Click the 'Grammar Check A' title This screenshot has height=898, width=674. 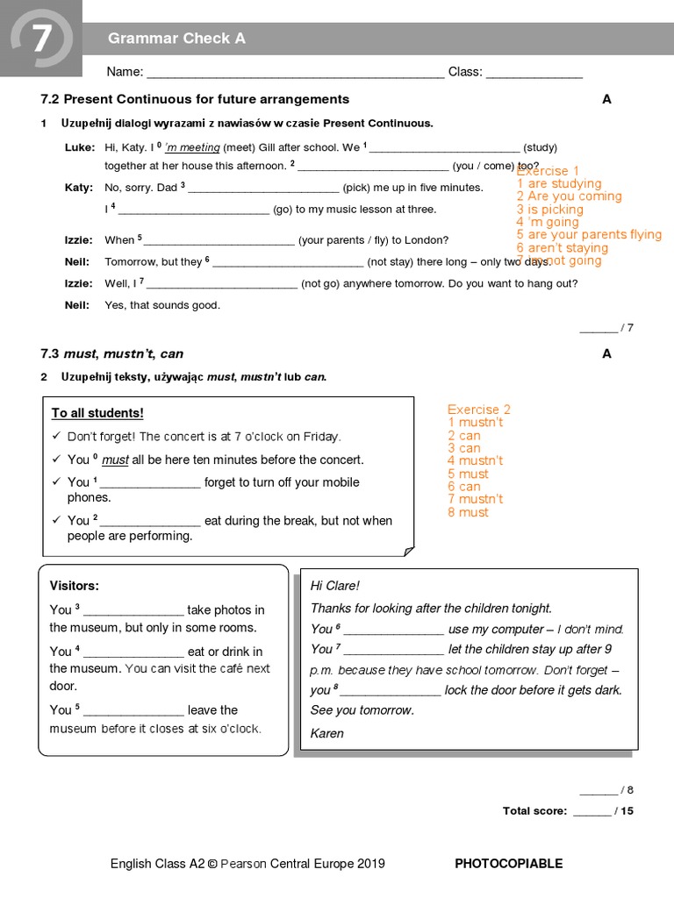pos(176,38)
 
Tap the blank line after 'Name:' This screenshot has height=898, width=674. pos(295,73)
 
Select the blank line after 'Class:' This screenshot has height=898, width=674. pos(534,73)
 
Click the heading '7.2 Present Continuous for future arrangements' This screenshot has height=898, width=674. pos(195,99)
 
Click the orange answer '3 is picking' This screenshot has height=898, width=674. pos(549,210)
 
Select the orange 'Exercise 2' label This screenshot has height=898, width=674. pos(478,410)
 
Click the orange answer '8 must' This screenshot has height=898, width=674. pos(468,512)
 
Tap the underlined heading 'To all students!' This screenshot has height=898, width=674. pos(97,413)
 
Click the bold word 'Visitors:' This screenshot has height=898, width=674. pos(75,586)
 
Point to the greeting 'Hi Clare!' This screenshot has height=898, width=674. pos(335,586)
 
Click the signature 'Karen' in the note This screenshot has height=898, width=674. pos(327,733)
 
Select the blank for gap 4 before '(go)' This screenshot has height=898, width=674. pos(193,210)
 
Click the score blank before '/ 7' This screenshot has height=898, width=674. pos(599,328)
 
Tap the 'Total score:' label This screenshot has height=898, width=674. pos(534,811)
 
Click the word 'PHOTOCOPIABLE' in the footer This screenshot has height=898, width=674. pos(508,864)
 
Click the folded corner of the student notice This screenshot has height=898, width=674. pos(407,550)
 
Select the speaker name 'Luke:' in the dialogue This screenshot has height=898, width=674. pos(79,147)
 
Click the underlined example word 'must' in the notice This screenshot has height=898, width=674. pos(115,460)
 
